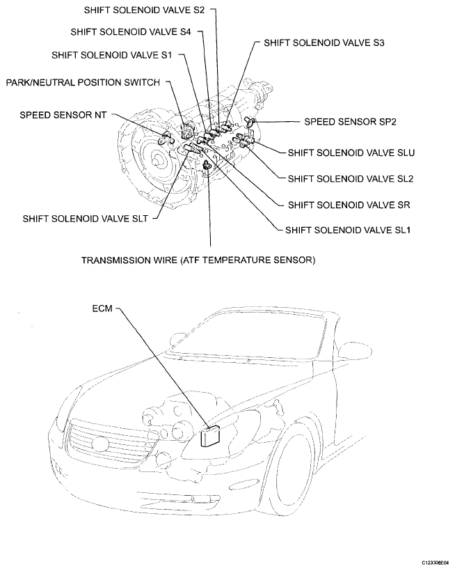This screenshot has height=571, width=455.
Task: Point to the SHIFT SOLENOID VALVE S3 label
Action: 325,42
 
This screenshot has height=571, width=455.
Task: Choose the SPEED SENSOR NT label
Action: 63,115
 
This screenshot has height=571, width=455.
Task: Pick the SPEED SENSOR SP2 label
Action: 350,121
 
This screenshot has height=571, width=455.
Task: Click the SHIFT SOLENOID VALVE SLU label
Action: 351,151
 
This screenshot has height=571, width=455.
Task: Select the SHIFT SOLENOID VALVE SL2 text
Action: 351,178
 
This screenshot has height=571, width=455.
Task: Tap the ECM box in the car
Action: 210,436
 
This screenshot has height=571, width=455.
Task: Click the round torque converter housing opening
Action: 156,158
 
